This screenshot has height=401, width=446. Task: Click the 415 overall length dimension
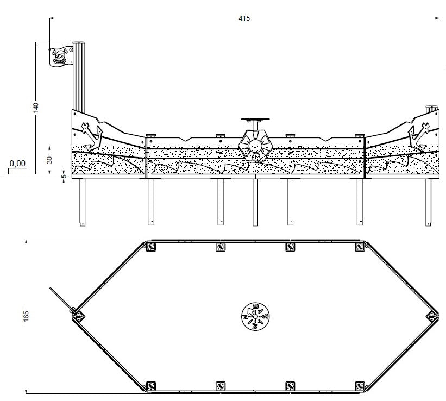point(244,18)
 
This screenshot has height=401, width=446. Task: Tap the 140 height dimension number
point(36,107)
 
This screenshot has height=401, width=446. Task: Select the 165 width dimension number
point(26,316)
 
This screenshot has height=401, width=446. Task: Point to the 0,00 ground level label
point(17,164)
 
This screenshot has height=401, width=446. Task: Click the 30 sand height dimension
point(50,160)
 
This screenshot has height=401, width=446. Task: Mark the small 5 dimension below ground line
point(64,176)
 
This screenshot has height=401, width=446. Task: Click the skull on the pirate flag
point(60,57)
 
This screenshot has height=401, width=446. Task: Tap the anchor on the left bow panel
point(92,134)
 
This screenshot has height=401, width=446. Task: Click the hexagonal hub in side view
point(255,146)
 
